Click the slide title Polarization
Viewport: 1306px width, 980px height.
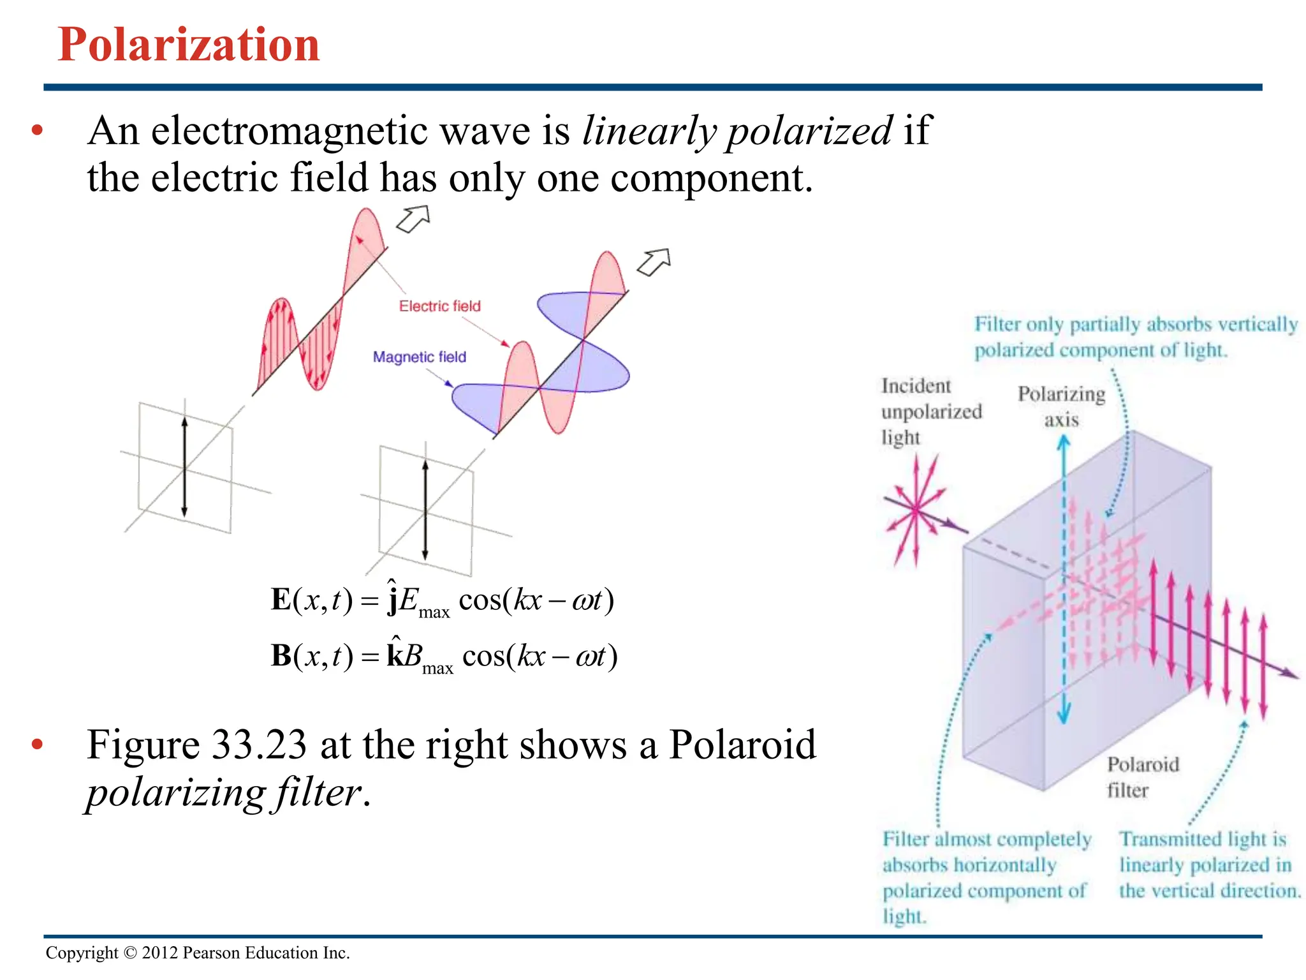click(x=189, y=45)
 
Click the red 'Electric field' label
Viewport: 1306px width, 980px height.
click(x=439, y=306)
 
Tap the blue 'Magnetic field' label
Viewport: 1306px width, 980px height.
click(x=419, y=357)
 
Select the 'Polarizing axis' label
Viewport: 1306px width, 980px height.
click(x=1061, y=406)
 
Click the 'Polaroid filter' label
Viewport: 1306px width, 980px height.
click(x=1142, y=777)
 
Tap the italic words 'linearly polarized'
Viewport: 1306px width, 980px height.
click(x=737, y=131)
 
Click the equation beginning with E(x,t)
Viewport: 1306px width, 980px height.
click(x=442, y=600)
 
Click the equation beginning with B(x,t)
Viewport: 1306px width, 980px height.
click(x=444, y=656)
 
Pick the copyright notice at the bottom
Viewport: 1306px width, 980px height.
click(x=198, y=953)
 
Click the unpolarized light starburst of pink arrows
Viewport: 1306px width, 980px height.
click(x=916, y=510)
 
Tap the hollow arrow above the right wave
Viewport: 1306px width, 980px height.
click(x=654, y=262)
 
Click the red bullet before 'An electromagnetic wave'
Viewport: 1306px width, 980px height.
click(x=37, y=131)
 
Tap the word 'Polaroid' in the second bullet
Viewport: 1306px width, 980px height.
click(x=742, y=745)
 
